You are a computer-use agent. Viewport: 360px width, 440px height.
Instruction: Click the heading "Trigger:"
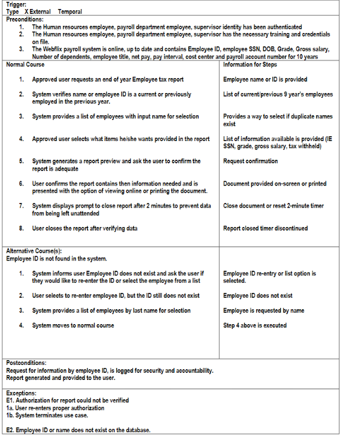[x=16, y=5]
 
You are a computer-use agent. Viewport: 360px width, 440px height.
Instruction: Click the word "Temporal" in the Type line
[x=70, y=12]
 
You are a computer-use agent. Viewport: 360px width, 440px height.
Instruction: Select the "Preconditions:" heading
[x=24, y=19]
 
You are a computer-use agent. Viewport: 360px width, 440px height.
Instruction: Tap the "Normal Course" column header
[x=25, y=64]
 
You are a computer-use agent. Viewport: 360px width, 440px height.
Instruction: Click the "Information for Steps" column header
[x=250, y=64]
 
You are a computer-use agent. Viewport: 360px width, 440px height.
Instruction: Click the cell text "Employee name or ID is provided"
[x=265, y=79]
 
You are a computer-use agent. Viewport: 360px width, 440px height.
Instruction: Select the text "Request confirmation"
[x=250, y=161]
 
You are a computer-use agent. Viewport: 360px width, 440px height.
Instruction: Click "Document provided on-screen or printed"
[x=274, y=184]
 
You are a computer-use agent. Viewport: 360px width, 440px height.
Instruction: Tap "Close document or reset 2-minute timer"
[x=273, y=206]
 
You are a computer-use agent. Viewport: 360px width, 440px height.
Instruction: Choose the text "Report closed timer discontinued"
[x=265, y=228]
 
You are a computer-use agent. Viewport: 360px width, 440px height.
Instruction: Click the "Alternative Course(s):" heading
[x=34, y=251]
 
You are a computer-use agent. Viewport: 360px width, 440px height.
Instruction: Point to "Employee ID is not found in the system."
[x=56, y=258]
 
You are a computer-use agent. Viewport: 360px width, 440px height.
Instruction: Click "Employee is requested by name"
[x=263, y=310]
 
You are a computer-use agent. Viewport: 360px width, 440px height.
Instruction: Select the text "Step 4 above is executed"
[x=255, y=325]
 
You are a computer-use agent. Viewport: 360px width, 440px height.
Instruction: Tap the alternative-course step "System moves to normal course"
[x=73, y=325]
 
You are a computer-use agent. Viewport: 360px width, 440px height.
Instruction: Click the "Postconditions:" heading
[x=27, y=363]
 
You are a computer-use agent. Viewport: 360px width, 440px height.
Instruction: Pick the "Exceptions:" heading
[x=22, y=393]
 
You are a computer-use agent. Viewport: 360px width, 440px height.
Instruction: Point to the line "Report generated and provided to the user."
[x=61, y=378]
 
